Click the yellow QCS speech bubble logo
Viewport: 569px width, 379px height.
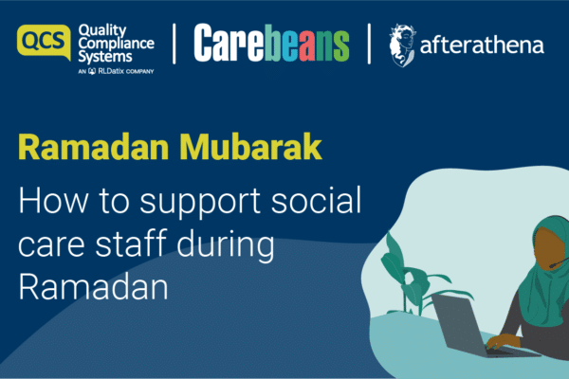coord(44,42)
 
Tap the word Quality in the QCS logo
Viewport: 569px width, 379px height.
coord(102,31)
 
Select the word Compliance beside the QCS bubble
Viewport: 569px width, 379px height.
coord(116,44)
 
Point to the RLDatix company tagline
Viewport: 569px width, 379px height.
coord(116,71)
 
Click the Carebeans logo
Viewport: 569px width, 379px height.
coord(271,43)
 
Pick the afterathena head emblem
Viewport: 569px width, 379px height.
coord(402,45)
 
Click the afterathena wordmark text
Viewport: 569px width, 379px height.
coord(482,45)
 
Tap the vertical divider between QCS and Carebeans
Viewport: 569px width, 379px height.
coord(174,44)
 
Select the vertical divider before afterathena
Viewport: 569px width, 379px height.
coord(369,44)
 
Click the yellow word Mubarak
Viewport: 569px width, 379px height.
coord(250,147)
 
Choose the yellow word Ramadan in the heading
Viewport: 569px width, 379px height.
coord(94,147)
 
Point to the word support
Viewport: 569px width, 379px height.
coord(200,203)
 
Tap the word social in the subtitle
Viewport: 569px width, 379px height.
coord(316,200)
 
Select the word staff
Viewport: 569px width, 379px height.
coord(131,243)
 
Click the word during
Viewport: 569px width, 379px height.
coord(226,244)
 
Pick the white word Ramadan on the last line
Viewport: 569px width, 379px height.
coord(93,286)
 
